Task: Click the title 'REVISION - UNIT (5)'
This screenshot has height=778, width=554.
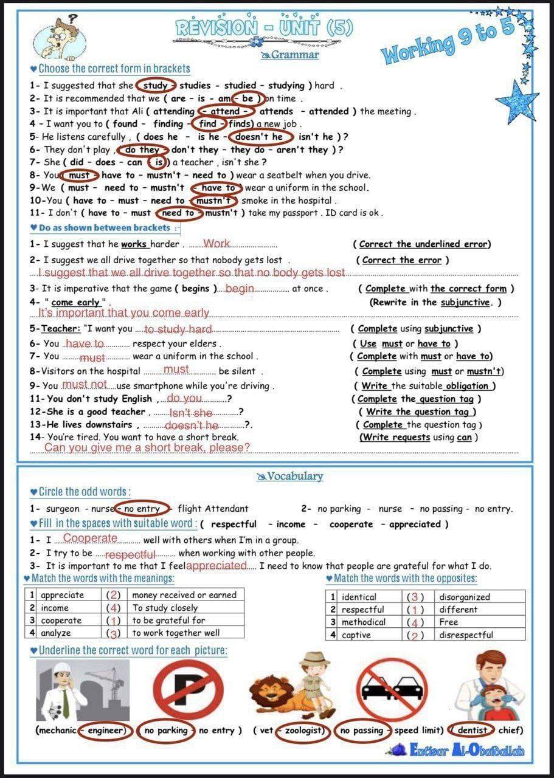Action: click(264, 27)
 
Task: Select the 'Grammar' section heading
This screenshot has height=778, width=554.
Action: click(290, 55)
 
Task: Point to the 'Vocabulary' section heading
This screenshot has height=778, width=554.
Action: click(290, 477)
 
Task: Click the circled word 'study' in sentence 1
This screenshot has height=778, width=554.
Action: click(156, 86)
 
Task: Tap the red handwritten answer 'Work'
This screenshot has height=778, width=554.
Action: click(216, 244)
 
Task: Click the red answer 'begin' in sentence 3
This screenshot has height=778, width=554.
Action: click(240, 289)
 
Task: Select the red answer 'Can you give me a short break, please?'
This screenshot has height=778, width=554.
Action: click(147, 448)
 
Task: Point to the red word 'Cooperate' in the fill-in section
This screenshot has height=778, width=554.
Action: click(90, 539)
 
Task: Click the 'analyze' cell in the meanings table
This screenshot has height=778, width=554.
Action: click(56, 633)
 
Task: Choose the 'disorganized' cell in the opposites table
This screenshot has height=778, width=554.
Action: click(465, 597)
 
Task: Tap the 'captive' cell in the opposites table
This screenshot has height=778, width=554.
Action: click(356, 635)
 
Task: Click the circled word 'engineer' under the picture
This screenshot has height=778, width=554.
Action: click(106, 730)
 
